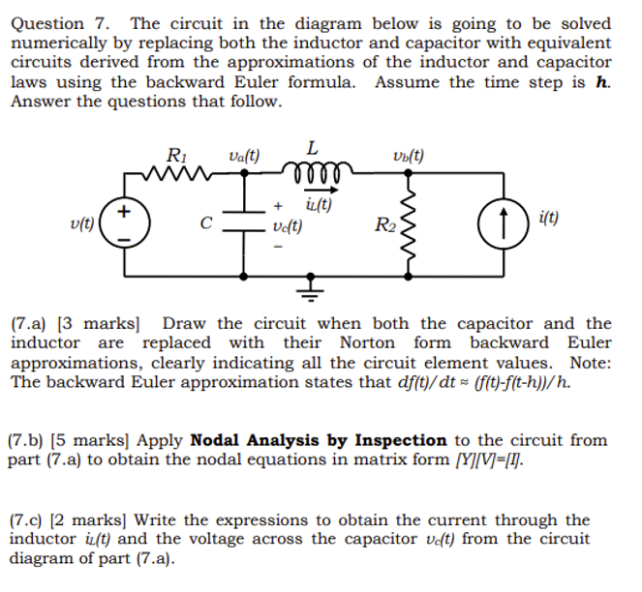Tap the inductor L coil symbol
click(311, 172)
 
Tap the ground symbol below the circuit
click(312, 289)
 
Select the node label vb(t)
click(408, 156)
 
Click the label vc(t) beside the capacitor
click(287, 226)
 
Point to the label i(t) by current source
click(547, 219)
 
